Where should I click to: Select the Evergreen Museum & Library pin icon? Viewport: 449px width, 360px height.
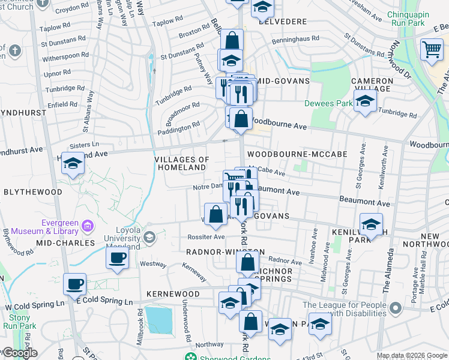click(88, 226)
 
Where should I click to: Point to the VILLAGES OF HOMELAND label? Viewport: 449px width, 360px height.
click(182, 164)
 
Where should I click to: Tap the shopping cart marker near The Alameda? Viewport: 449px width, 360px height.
click(432, 50)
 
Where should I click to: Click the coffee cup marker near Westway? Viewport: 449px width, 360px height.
click(117, 258)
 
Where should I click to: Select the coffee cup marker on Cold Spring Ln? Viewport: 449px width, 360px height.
click(75, 284)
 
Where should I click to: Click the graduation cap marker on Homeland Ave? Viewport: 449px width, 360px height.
click(73, 163)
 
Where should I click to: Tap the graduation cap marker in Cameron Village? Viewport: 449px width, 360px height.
click(364, 103)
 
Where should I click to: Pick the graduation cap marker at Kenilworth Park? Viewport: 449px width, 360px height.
click(371, 225)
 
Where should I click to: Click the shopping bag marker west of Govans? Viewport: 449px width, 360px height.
click(216, 215)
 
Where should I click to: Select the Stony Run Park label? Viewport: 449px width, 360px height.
click(20, 322)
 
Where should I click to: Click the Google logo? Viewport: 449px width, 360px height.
click(19, 353)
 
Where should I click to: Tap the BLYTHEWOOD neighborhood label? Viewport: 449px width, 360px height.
click(33, 192)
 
